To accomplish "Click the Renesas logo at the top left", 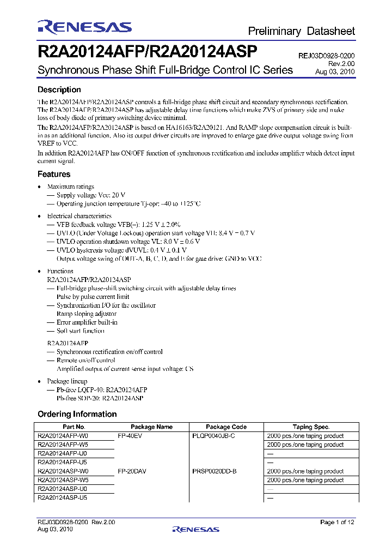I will (x=84, y=27).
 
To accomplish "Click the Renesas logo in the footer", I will (x=195, y=529).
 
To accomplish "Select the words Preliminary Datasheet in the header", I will (x=301, y=31).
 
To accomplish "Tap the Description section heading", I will (x=59, y=89).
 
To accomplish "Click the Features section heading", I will (x=53, y=174).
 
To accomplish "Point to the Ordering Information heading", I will (x=77, y=414).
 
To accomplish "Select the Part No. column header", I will (x=74, y=427).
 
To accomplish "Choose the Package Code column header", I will (x=226, y=427).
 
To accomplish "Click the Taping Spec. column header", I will (x=311, y=427).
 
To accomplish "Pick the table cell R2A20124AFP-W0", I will (x=63, y=436).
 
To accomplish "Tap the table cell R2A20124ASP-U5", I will (x=63, y=497).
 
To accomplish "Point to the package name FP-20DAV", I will (x=132, y=471).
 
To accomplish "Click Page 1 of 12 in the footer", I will (x=338, y=523).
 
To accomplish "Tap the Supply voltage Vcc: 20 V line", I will (x=91, y=195).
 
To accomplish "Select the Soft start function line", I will (x=80, y=331).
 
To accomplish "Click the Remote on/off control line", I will (x=85, y=360).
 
